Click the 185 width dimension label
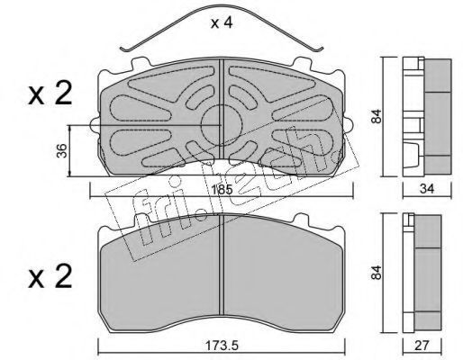point(222,190)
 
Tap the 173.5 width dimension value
point(222,346)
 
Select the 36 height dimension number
point(61,151)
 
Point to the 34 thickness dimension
point(427,189)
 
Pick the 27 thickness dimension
point(422,346)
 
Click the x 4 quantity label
point(222,22)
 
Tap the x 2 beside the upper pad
point(50,93)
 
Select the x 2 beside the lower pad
point(50,276)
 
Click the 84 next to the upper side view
point(377,116)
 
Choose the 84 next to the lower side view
point(377,273)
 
